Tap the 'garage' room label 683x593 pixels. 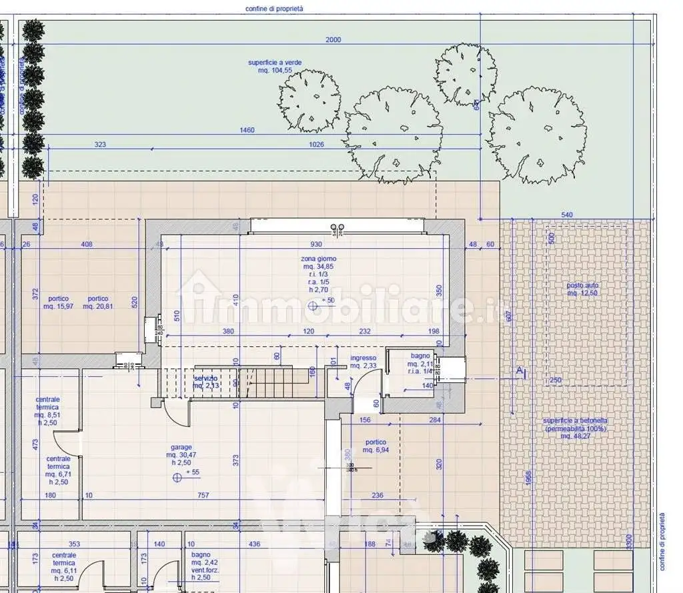(x=181, y=448)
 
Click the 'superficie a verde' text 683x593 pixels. (x=275, y=63)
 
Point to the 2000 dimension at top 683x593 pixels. (x=333, y=40)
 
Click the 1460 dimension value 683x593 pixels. (x=247, y=131)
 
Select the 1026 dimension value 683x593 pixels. (x=316, y=145)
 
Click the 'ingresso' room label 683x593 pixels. (x=363, y=358)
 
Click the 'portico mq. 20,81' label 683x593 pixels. (x=97, y=303)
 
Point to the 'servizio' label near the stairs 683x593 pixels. (x=205, y=378)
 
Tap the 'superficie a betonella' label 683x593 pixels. (x=574, y=421)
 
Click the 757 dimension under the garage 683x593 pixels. (x=203, y=496)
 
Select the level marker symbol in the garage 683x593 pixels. (x=177, y=477)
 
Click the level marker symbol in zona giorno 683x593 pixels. (x=313, y=306)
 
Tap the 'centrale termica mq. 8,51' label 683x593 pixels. (x=47, y=407)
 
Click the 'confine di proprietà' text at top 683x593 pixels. (x=274, y=9)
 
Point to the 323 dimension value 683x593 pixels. (x=101, y=145)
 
